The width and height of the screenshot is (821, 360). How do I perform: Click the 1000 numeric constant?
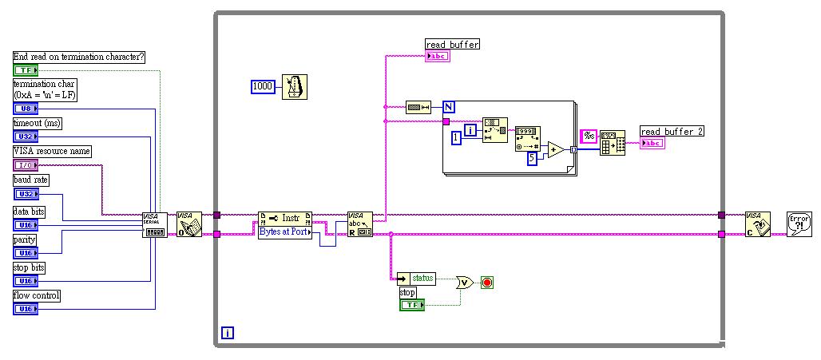point(263,85)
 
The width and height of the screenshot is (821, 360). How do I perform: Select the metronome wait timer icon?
point(295,86)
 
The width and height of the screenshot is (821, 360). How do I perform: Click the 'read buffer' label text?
point(452,45)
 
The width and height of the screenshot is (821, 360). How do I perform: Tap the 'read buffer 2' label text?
point(672,131)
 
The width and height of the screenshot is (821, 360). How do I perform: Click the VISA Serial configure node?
point(154,224)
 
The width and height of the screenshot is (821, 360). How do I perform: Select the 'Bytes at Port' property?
point(284,232)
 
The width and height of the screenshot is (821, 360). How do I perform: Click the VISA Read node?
point(359,224)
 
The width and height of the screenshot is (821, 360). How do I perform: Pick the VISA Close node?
point(756,224)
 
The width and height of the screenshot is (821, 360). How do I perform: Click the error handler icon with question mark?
point(799,224)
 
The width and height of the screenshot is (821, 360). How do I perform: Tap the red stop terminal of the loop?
point(486,282)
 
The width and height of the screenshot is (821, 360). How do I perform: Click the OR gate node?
point(463,282)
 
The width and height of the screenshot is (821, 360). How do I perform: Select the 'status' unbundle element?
point(422,278)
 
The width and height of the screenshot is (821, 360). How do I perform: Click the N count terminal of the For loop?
point(449,106)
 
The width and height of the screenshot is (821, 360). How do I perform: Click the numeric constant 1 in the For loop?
point(456,138)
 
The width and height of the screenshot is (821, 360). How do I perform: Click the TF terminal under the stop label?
point(411,305)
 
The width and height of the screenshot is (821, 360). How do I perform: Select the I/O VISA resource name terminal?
point(26,165)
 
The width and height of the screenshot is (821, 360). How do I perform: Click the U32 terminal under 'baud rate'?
point(26,194)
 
